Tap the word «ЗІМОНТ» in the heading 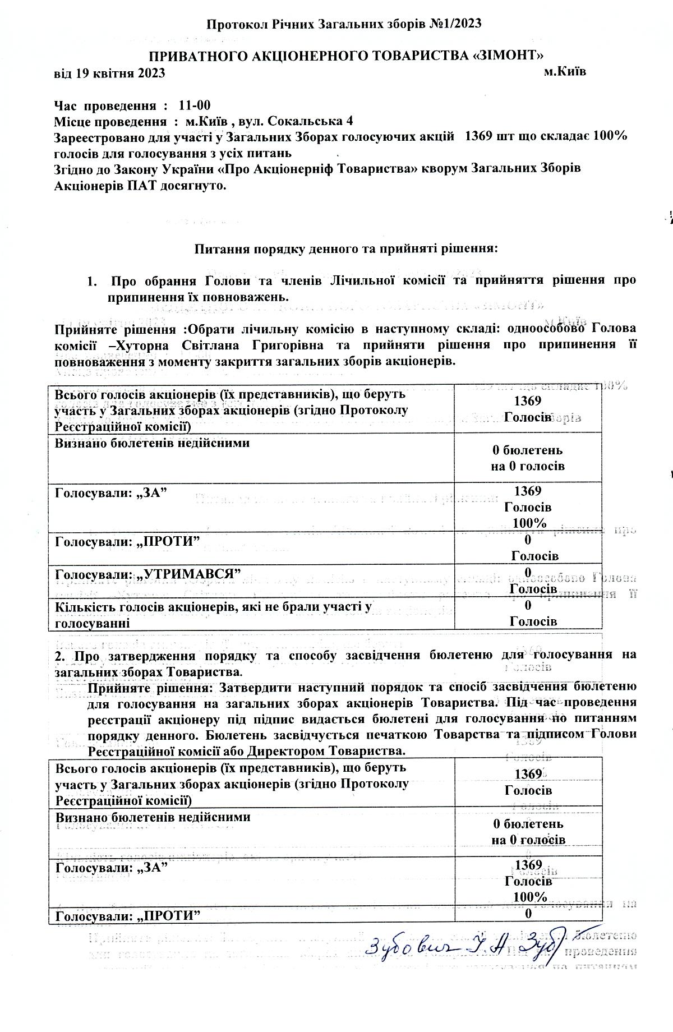coord(509,55)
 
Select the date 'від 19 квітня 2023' coord(109,73)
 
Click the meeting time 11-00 coord(195,105)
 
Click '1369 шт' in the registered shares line coord(486,137)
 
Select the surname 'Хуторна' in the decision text coord(147,344)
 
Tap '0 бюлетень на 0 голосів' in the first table coord(528,458)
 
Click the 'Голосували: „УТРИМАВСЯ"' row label coord(148,574)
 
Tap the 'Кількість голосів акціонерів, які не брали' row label coord(213,606)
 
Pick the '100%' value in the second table coord(529,896)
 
